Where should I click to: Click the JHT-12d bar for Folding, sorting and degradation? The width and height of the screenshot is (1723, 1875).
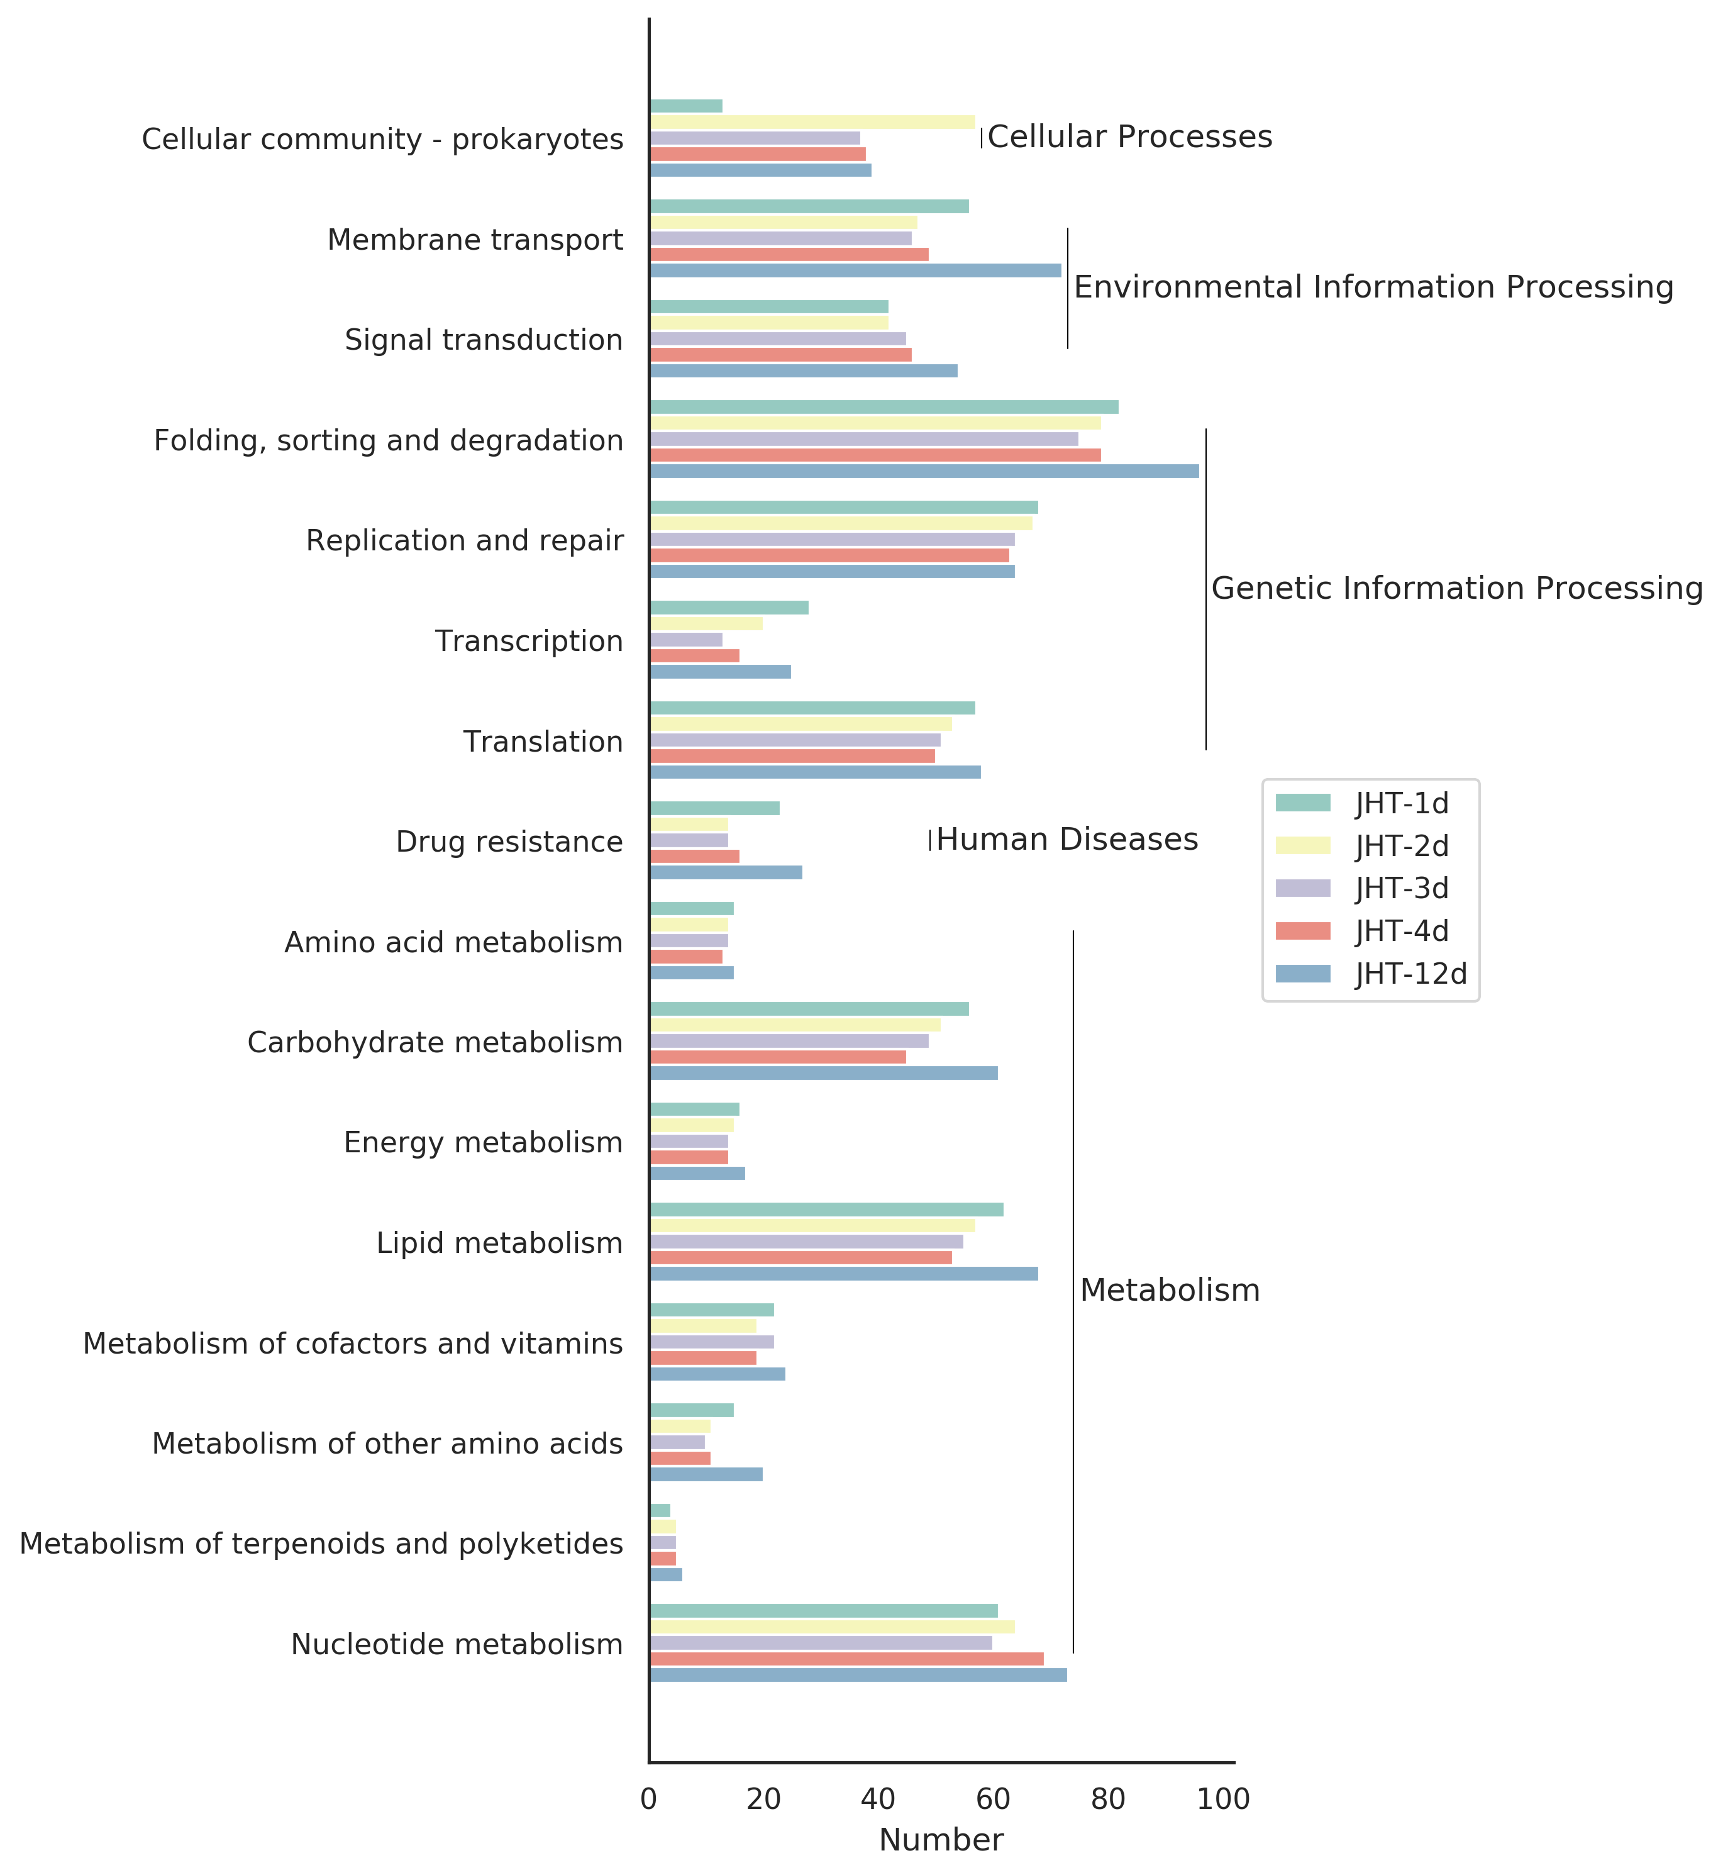[x=924, y=472]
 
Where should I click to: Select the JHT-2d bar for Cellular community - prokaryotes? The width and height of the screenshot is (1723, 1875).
[x=812, y=122]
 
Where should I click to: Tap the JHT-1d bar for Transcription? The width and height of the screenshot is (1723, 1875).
[x=729, y=608]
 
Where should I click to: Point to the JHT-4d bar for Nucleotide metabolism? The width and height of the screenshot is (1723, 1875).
[x=846, y=1659]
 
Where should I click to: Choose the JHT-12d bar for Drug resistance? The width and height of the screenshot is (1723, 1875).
[x=726, y=872]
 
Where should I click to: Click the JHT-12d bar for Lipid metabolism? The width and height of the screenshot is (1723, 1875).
[x=844, y=1274]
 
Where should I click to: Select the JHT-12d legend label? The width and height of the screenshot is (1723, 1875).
[x=1410, y=974]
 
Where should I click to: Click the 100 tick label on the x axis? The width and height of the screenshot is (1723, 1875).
[x=1223, y=1800]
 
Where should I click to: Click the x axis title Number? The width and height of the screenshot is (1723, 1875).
[x=941, y=1840]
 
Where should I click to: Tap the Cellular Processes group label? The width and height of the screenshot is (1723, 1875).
[x=1129, y=137]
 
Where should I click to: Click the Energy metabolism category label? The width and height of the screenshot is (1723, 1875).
[x=483, y=1142]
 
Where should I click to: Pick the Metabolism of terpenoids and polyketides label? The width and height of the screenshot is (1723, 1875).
[x=321, y=1544]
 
